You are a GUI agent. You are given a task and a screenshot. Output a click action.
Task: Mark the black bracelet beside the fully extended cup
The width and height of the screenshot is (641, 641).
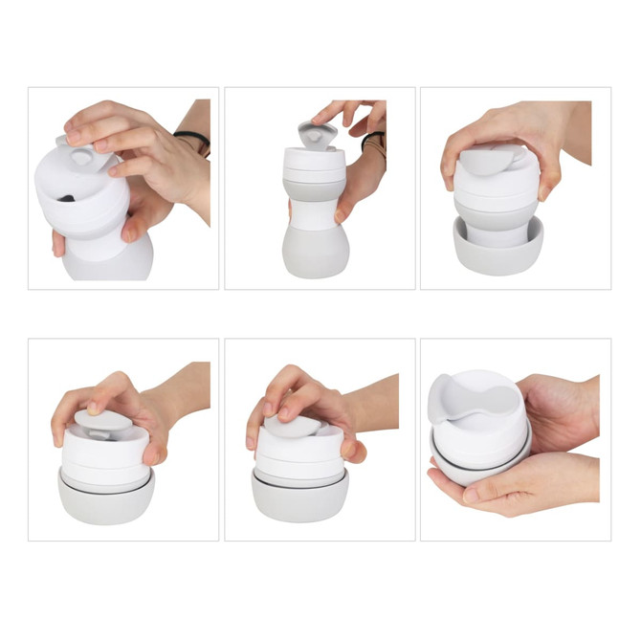tap(373, 141)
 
